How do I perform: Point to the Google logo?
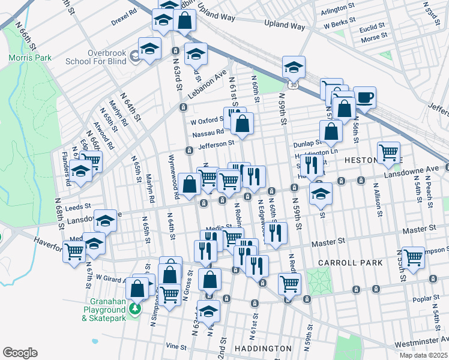pos(20,352)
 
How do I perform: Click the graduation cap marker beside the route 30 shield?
pos(294,67)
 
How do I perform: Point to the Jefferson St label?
pos(217,145)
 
